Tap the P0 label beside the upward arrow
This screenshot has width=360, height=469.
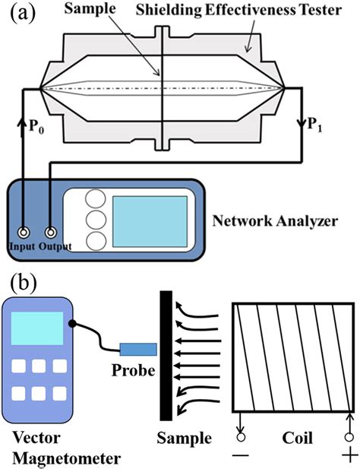click(39, 125)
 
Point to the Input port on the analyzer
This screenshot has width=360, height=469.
click(25, 233)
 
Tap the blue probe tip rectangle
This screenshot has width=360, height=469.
click(137, 349)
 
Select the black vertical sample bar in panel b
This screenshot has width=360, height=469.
click(164, 357)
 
